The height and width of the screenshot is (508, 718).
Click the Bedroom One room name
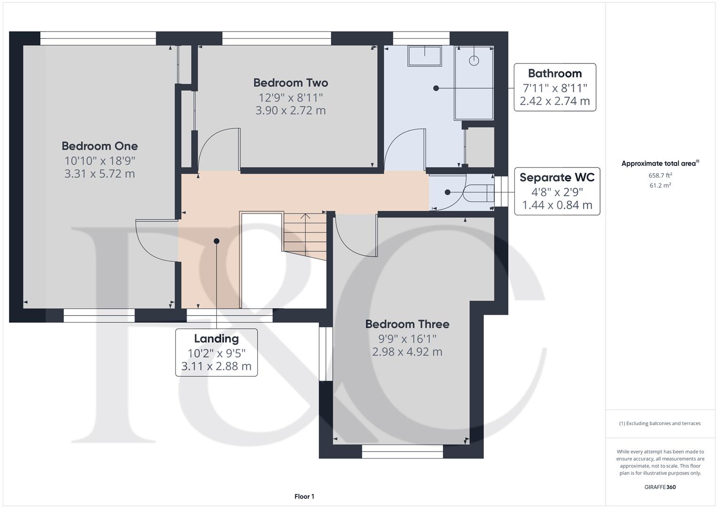click(100, 146)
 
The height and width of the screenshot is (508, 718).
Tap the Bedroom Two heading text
click(291, 83)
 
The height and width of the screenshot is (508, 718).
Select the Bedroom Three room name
click(407, 324)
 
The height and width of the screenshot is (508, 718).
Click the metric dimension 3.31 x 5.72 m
click(100, 174)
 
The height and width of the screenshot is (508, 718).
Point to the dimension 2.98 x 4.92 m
click(407, 352)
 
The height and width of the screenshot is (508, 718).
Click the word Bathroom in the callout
click(555, 73)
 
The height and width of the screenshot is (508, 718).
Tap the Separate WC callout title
click(557, 177)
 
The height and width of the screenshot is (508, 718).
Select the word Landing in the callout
click(216, 339)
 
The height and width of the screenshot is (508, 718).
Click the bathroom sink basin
click(425, 56)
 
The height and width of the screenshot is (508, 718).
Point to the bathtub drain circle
click(474, 61)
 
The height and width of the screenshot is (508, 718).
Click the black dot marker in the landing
click(216, 241)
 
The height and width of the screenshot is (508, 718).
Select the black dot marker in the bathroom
click(436, 88)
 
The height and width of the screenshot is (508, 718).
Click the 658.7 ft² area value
click(660, 175)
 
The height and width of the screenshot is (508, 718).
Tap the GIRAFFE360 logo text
click(660, 487)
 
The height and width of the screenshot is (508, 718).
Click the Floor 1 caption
click(304, 496)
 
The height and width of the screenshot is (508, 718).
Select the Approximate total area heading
click(660, 163)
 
